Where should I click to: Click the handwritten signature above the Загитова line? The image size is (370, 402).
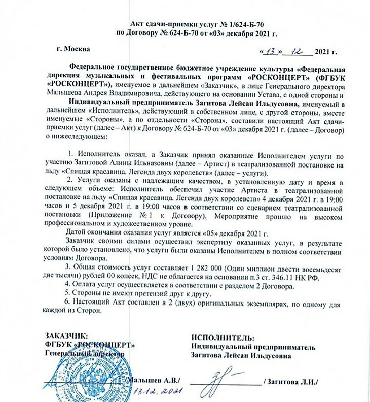coord(226,377)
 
